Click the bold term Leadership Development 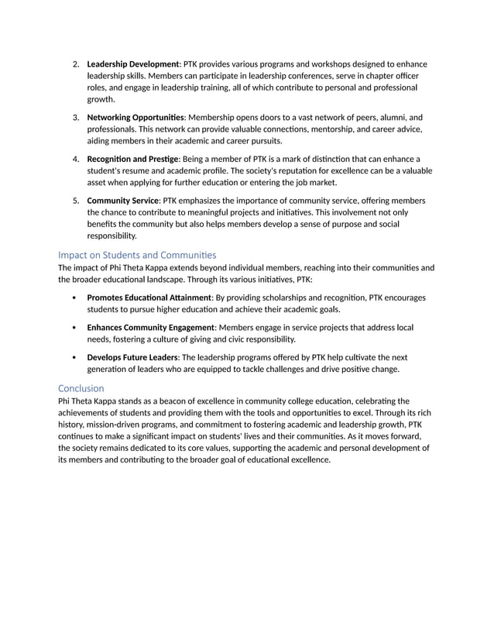coord(132,64)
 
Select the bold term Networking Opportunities coord(136,117)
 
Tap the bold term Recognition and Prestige coord(133,159)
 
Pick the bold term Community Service coord(122,201)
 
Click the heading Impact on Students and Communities coord(137,255)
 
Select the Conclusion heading coord(81,387)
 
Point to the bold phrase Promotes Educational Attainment coord(149,297)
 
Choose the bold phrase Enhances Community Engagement coord(149,328)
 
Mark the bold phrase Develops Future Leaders coord(132,358)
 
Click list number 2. coord(76,64)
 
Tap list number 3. coord(76,117)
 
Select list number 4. coord(76,159)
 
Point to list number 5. coord(76,201)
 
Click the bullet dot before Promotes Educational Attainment coord(73,298)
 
